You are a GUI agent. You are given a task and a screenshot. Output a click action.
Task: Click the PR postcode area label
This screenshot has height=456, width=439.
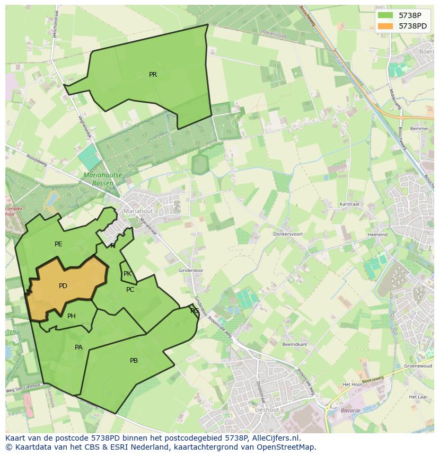tap(153, 75)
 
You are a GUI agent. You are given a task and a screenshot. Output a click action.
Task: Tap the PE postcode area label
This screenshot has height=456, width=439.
tap(58, 244)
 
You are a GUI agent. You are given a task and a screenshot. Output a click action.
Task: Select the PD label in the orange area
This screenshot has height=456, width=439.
tap(63, 286)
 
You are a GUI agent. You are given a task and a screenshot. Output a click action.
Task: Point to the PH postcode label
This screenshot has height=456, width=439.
tap(72, 316)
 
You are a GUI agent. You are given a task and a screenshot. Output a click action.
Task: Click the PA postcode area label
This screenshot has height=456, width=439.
tap(78, 347)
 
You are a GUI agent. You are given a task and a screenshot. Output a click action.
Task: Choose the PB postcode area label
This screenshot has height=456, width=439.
tap(134, 361)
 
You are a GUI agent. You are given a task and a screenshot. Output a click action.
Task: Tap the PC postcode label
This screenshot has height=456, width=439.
tap(130, 290)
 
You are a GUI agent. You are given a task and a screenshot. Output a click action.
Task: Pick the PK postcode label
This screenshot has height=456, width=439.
tap(127, 274)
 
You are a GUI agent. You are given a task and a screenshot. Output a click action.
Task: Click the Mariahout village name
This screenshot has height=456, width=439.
tap(138, 211)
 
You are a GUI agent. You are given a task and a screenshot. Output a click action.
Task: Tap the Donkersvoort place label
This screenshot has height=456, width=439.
tap(288, 234)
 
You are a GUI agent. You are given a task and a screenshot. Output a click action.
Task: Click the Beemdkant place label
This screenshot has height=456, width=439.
tap(295, 344)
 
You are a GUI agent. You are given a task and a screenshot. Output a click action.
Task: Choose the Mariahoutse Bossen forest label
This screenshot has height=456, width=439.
tap(102, 178)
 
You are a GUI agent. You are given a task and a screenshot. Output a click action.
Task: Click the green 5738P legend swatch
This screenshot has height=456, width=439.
tap(385, 16)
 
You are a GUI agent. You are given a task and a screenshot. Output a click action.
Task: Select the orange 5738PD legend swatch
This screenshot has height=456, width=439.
tap(385, 26)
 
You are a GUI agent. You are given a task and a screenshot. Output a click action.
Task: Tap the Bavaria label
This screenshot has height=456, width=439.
tap(350, 410)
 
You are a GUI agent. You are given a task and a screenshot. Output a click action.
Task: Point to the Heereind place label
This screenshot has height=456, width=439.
tap(377, 234)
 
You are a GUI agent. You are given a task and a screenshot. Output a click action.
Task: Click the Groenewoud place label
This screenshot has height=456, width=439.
tap(415, 365)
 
